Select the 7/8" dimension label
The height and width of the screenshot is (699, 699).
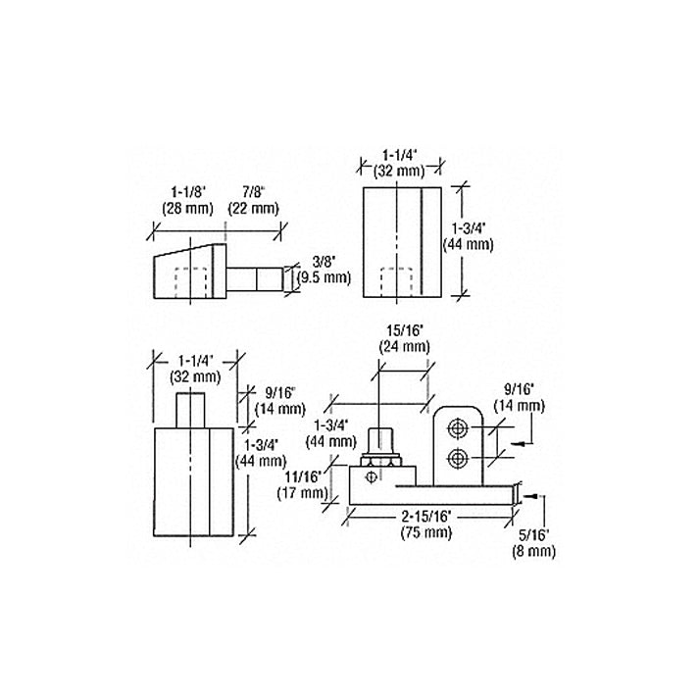[253, 192]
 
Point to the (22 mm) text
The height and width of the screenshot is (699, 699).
[253, 208]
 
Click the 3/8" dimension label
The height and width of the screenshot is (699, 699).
[324, 262]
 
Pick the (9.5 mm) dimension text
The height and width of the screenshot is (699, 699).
[324, 277]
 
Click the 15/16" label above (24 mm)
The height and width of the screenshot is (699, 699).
[403, 330]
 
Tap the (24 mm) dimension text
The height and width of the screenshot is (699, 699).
[403, 346]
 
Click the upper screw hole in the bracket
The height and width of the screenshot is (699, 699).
[457, 428]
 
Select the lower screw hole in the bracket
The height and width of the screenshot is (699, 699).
[457, 458]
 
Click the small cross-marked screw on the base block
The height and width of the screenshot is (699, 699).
[371, 477]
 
